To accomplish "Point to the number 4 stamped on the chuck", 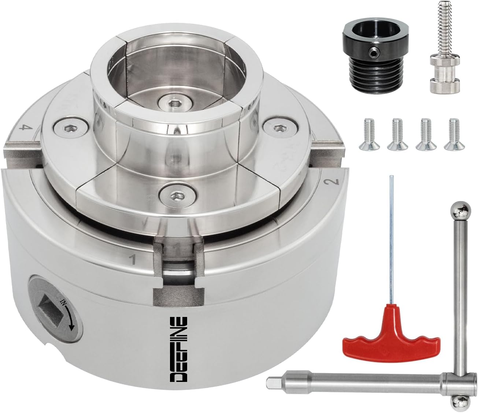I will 26,128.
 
